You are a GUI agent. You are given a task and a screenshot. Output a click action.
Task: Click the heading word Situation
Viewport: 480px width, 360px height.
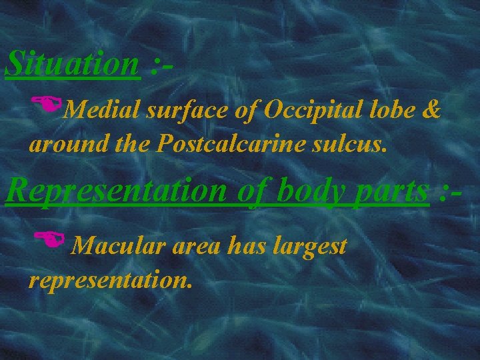71,65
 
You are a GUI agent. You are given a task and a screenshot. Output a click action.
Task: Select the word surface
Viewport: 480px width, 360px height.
175,111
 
